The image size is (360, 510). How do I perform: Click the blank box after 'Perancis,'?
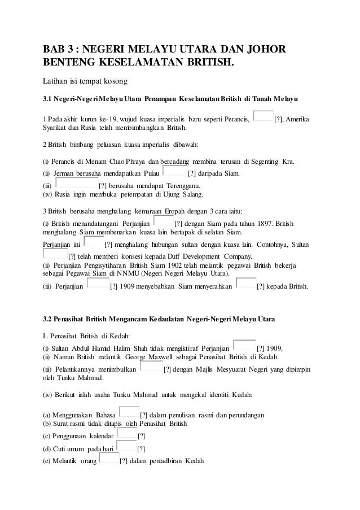[x=264, y=117]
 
